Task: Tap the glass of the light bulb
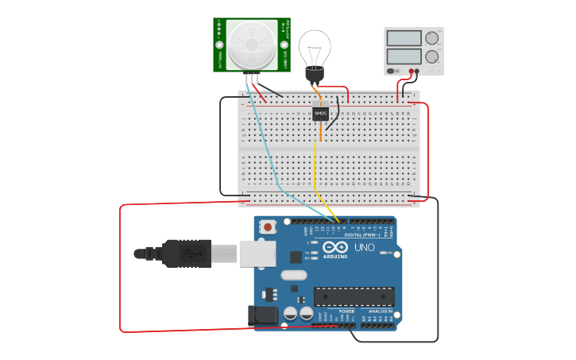pos(315,47)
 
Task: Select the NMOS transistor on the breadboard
pos(320,114)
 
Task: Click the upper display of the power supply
pos(404,38)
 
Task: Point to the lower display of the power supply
pos(404,56)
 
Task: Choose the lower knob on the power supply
pos(431,56)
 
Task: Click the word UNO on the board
pos(364,247)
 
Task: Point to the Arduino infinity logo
pos(334,247)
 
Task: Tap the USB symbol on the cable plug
pos(187,254)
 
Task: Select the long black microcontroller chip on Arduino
pos(354,296)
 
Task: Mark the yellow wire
pos(315,167)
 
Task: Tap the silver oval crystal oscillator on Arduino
pos(293,276)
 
